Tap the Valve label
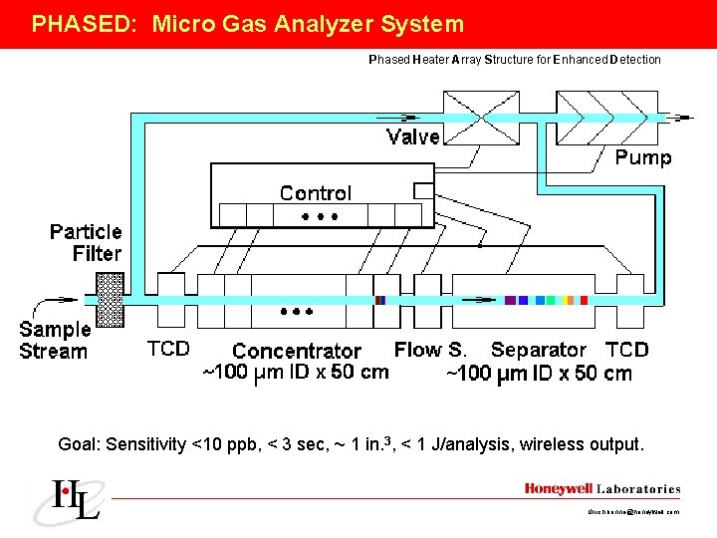tap(412, 136)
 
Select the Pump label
tap(642, 157)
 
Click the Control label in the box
tap(316, 193)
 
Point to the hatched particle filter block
tap(109, 297)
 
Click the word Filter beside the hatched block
tap(97, 254)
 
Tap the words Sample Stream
tap(54, 340)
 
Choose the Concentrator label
tap(296, 351)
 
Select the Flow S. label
tap(430, 350)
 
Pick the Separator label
tap(539, 350)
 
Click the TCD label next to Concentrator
tap(168, 349)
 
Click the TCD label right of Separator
tap(627, 350)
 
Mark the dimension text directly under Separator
tap(539, 374)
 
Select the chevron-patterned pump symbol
tap(598, 118)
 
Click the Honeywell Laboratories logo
tap(602, 488)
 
